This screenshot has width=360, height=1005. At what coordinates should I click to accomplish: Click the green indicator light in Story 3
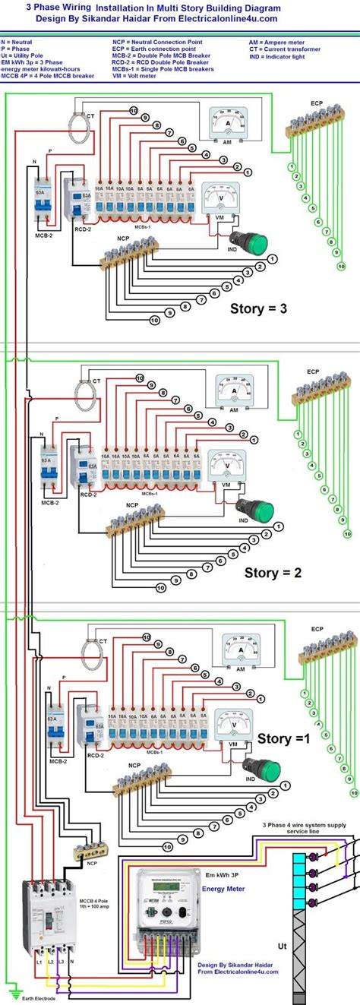(255, 244)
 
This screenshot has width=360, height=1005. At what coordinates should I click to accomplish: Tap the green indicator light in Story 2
(260, 508)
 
